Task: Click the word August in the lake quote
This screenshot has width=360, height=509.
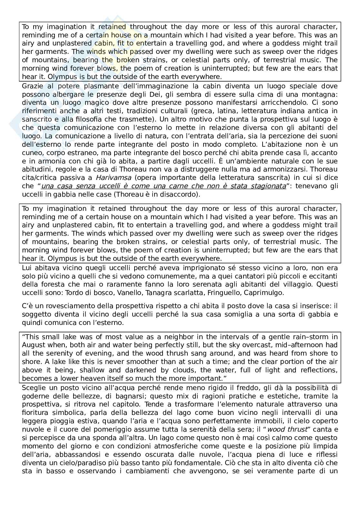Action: (32, 345)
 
